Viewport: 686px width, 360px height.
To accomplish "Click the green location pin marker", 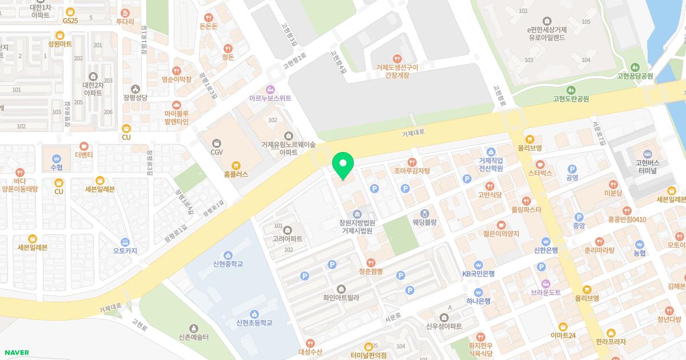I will point(343,164).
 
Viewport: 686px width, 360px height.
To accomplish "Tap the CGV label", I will point(217,152).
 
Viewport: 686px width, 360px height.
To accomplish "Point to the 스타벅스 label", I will point(540,172).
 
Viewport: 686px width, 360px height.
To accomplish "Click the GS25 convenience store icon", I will point(70,12).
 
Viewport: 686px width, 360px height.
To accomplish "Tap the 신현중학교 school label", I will point(228,263).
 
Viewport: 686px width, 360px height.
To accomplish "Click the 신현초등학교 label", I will point(254,322).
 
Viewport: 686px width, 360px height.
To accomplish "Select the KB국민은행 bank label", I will point(478,273).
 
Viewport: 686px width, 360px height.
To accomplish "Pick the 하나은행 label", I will point(478,301).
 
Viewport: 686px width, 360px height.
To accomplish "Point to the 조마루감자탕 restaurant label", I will point(412,170).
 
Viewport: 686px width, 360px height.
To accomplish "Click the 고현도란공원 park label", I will point(571,98).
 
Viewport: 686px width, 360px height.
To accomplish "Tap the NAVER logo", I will point(16,353).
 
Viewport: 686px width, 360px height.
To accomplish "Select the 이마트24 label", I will point(563,335).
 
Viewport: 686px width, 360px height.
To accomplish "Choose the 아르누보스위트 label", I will point(270,98).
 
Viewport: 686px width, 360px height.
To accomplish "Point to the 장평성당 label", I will point(135,97).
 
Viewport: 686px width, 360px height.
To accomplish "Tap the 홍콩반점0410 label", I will point(627,219).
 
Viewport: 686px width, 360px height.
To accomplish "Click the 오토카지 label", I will point(125,250).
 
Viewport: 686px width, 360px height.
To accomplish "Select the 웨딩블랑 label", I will point(425,222).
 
